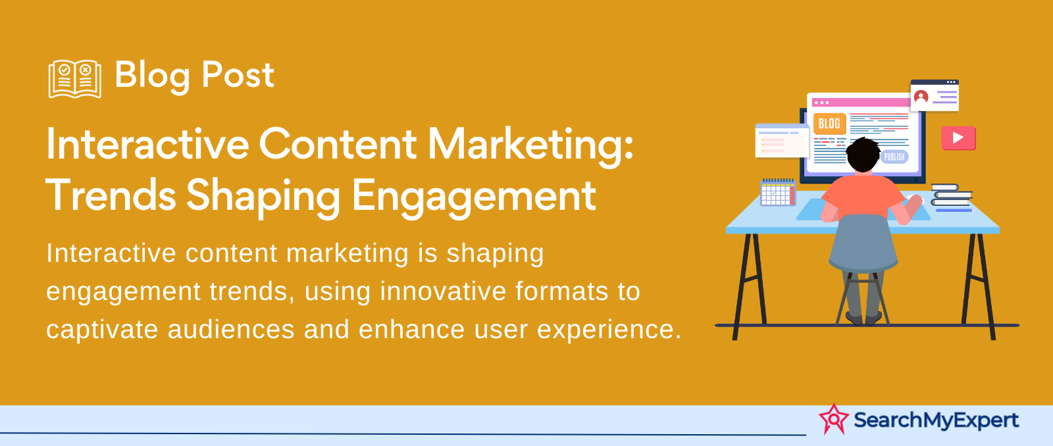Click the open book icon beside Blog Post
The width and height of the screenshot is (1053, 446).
click(x=75, y=79)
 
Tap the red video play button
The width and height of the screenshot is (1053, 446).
click(x=958, y=138)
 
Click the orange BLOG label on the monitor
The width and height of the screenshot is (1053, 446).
click(x=829, y=124)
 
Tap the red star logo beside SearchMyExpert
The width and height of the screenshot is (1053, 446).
click(x=833, y=419)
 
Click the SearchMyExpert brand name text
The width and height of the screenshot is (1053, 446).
click(x=936, y=420)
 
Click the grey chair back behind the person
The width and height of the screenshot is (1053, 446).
click(x=863, y=243)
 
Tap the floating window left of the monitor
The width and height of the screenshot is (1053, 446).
click(x=782, y=141)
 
